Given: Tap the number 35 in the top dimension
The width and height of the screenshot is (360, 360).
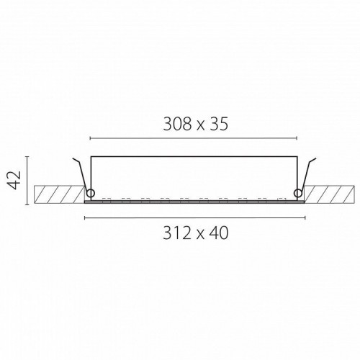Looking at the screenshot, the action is coord(219,125).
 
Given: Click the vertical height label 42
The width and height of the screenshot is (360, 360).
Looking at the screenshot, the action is coord(14,180).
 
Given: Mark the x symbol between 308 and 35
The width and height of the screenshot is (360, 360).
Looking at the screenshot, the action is coord(201,127).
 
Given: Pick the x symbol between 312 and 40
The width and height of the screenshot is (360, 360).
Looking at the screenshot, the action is coord(200,235).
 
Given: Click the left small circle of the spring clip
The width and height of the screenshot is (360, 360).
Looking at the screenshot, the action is coord(91,193).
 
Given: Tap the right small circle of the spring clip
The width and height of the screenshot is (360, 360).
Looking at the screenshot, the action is coord(298,193).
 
